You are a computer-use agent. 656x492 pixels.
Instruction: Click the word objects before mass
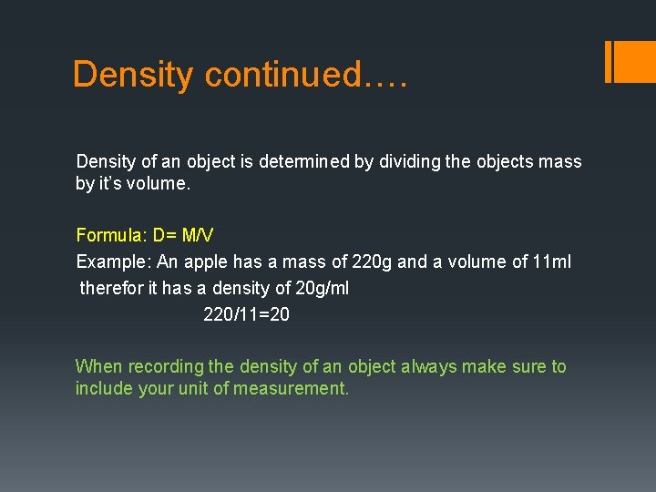[x=505, y=161]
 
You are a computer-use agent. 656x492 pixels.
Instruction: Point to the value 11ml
[x=552, y=261]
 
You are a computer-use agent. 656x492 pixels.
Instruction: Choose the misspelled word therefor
[x=110, y=288]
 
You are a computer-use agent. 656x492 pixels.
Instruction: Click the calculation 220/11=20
[x=246, y=314]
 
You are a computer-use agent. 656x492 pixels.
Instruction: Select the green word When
[x=98, y=366]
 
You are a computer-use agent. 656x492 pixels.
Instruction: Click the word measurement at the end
[x=291, y=388]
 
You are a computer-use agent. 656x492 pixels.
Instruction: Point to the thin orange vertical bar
[x=608, y=61]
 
